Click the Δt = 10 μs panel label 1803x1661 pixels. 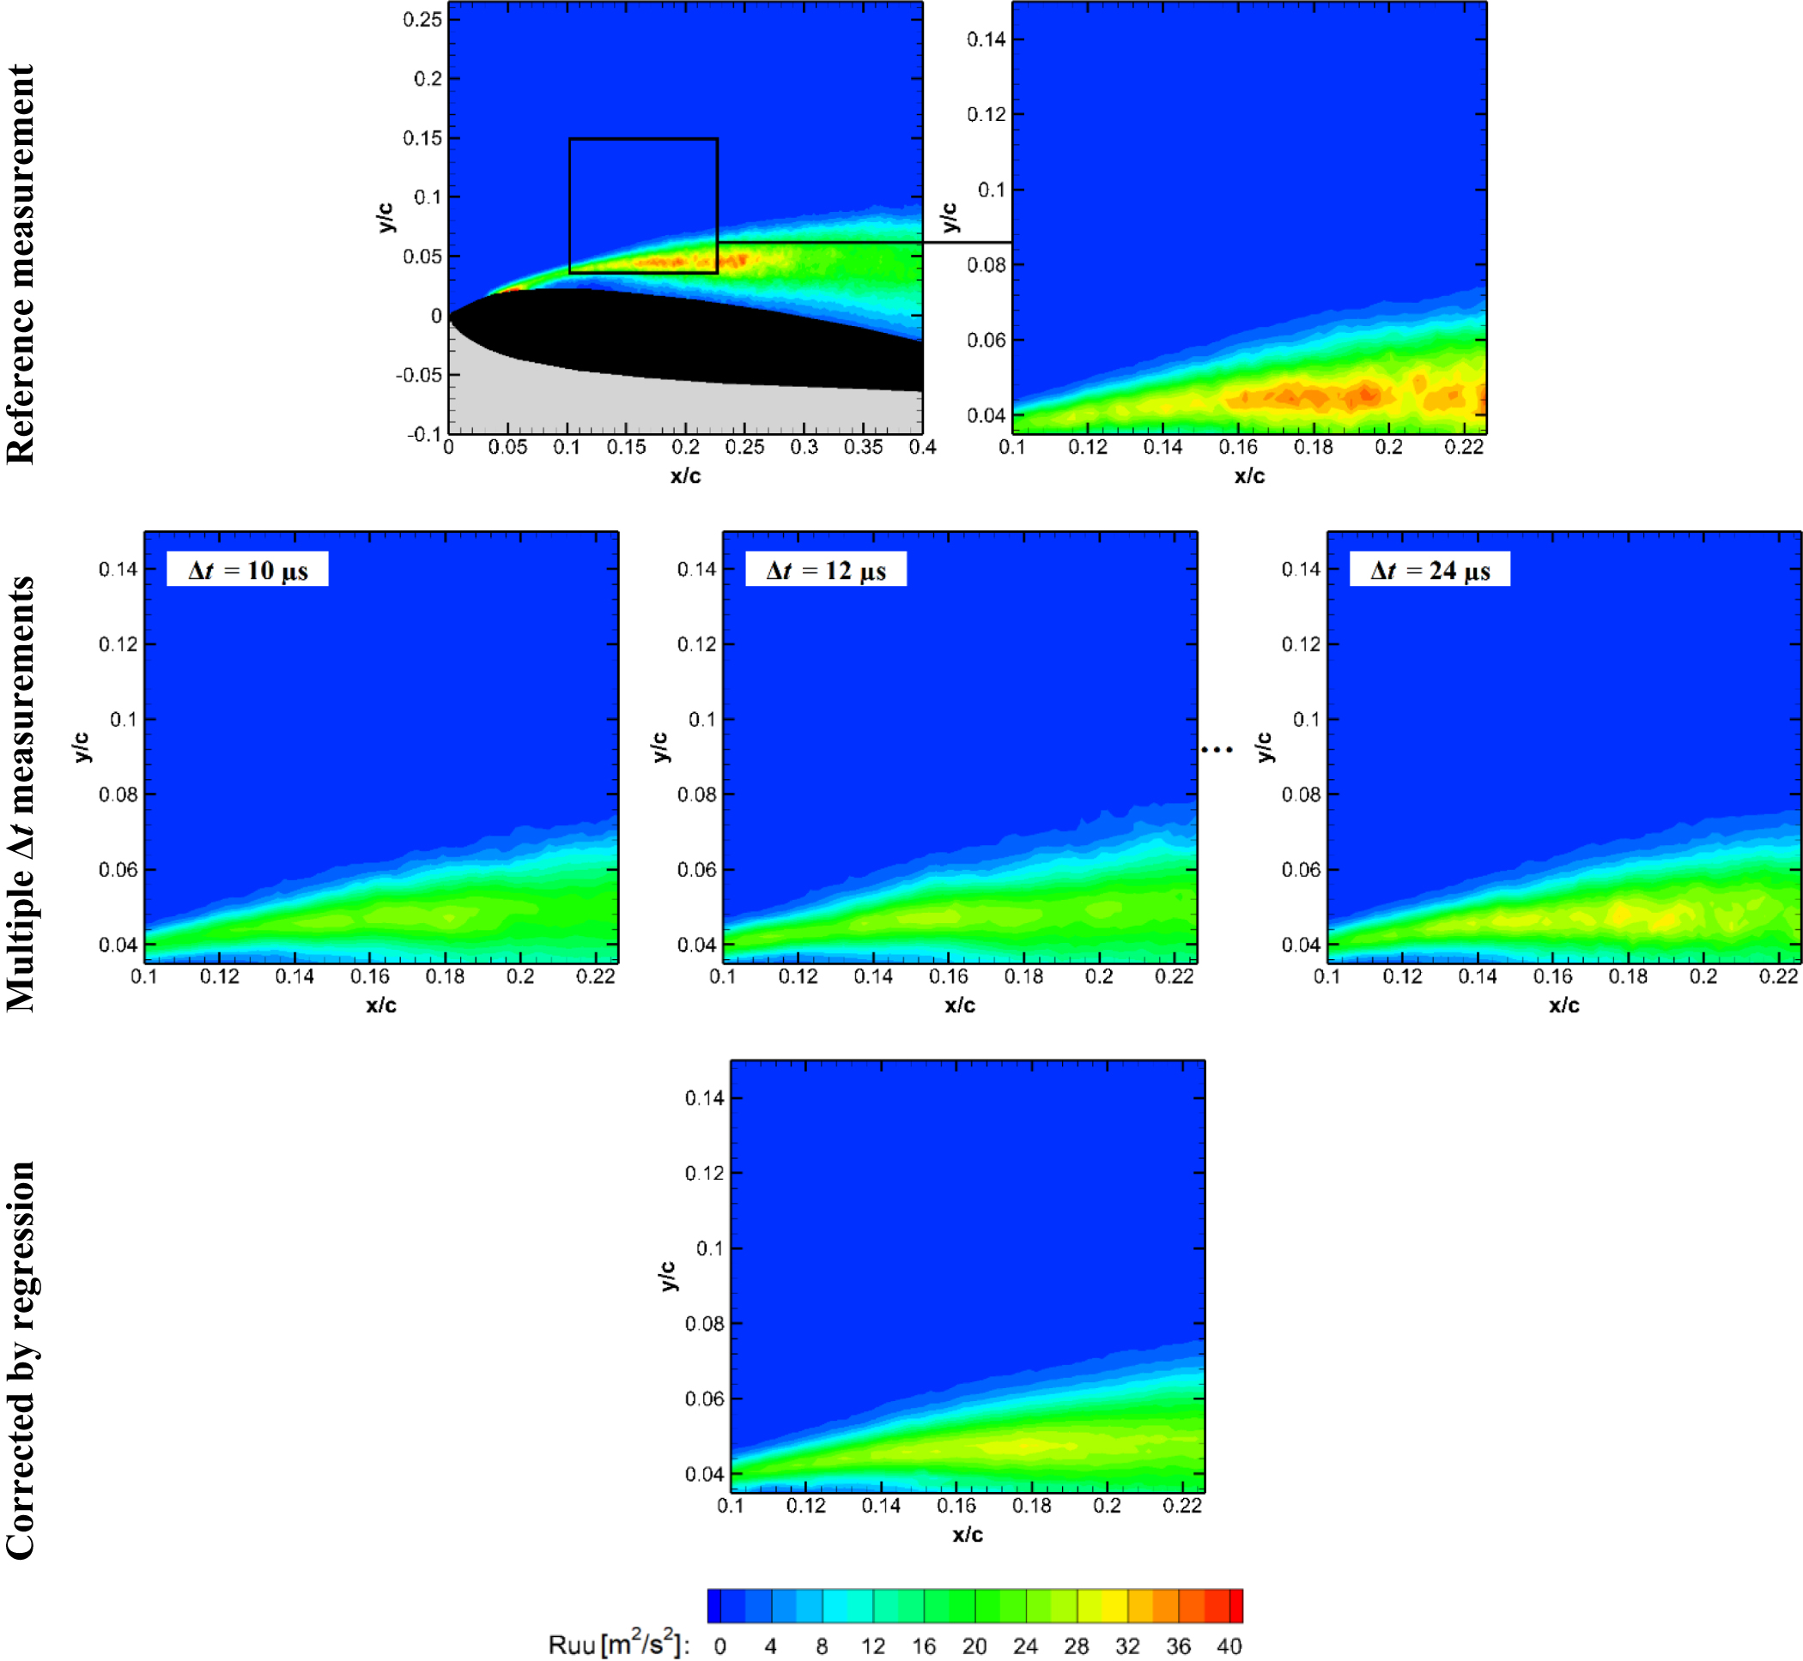click(x=247, y=570)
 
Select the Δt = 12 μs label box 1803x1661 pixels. click(x=825, y=570)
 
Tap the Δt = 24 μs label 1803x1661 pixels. click(x=1430, y=570)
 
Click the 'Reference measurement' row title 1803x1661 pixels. click(x=20, y=263)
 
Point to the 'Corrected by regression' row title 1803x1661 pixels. click(x=20, y=1360)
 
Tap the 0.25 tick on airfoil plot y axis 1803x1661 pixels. click(x=422, y=20)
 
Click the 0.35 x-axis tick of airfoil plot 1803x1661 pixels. click(x=862, y=448)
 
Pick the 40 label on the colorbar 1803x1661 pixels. click(x=1229, y=1646)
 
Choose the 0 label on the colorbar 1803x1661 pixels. click(x=719, y=1646)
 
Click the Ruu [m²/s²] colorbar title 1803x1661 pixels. click(x=619, y=1645)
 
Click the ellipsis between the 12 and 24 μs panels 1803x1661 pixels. click(x=1217, y=749)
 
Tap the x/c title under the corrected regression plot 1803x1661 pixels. click(x=968, y=1534)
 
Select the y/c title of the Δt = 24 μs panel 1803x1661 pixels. click(x=1265, y=747)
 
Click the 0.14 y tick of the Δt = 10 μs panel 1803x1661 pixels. click(x=118, y=569)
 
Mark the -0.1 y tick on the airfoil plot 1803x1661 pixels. click(x=423, y=435)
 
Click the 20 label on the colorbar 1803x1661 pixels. click(x=974, y=1646)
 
